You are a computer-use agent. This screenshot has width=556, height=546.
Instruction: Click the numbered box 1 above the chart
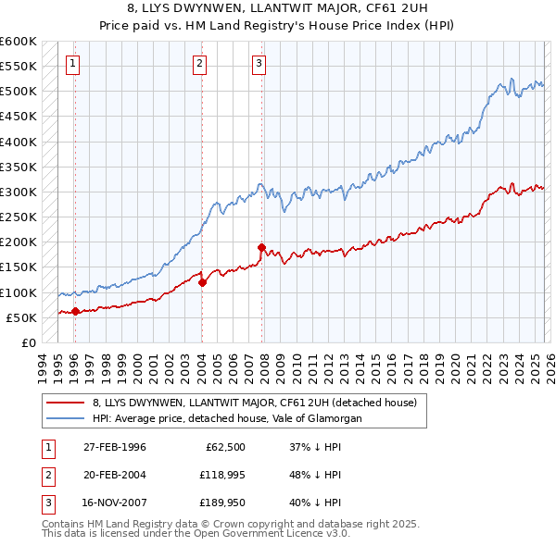(73, 64)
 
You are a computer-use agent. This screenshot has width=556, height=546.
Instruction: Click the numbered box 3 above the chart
(259, 64)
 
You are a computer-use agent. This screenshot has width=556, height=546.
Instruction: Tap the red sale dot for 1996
(75, 311)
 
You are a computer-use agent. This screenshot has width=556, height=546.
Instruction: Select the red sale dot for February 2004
(202, 282)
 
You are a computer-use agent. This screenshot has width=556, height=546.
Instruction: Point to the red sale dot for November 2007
(262, 247)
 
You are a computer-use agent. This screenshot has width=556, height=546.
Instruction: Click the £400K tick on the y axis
(19, 142)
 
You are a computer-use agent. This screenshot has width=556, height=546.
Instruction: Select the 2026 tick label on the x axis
(549, 365)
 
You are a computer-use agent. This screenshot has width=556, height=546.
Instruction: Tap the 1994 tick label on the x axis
(43, 365)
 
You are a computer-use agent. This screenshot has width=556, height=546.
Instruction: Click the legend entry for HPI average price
(227, 418)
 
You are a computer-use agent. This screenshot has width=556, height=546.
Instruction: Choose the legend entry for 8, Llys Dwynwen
(255, 403)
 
